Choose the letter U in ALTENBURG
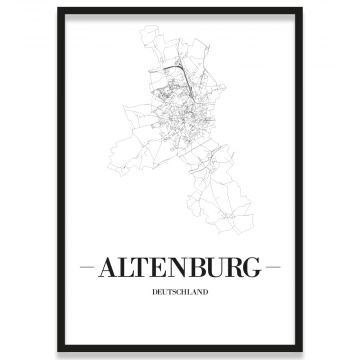pyautogui.click(x=217, y=268)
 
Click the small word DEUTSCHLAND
pyautogui.click(x=180, y=292)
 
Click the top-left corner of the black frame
pyautogui.click(x=58, y=9)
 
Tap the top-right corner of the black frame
pyautogui.click(x=301, y=9)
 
